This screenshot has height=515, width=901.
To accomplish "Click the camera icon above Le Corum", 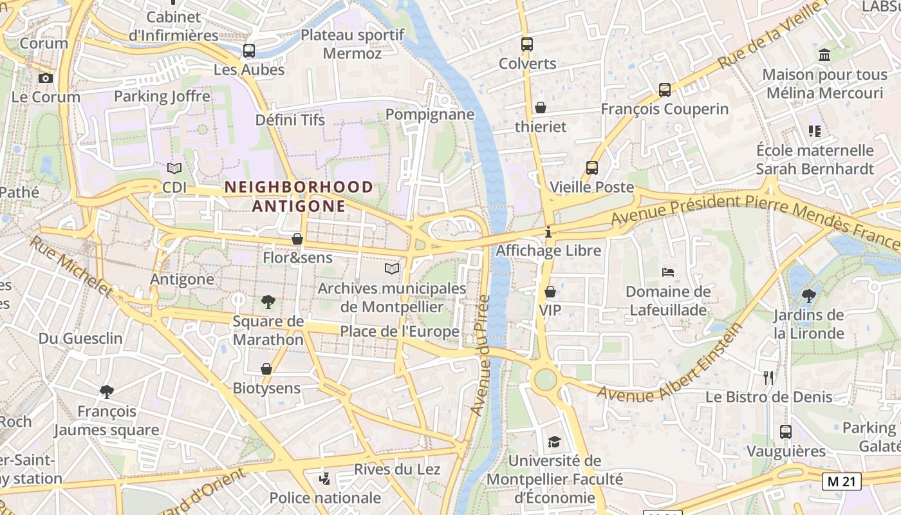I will (x=46, y=79).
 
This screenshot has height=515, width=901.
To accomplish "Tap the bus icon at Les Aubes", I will (x=248, y=50).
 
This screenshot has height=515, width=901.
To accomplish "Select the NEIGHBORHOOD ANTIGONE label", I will (x=299, y=196).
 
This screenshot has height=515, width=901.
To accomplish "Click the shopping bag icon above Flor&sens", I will (x=297, y=239).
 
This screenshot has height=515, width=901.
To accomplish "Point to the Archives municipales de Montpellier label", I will (x=392, y=297).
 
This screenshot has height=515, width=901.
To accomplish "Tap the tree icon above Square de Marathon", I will (x=268, y=301).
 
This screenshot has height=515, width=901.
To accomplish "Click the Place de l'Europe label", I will (x=400, y=332).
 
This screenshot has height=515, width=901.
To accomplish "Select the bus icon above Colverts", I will (x=527, y=44).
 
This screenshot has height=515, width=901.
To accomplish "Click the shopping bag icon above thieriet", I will (x=541, y=108).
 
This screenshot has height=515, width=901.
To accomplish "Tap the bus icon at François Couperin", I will (x=665, y=90).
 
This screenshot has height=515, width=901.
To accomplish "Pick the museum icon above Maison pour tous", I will (x=824, y=55).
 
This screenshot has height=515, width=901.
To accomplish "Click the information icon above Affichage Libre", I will (x=548, y=231).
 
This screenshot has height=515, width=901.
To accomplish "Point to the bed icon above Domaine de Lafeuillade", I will (x=668, y=272).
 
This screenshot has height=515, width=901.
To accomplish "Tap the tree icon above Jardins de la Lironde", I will (x=809, y=295).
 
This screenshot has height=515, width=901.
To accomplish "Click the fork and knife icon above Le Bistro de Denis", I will (x=768, y=377).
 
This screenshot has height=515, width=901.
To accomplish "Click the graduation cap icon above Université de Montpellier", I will (x=554, y=442).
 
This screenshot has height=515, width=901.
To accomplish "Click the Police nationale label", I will (x=325, y=498).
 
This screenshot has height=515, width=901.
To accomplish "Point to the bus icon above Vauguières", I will (x=786, y=432).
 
